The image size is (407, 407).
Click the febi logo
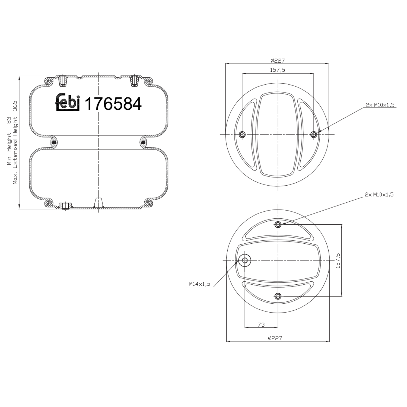pos(68,103)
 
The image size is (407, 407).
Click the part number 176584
pos(113,104)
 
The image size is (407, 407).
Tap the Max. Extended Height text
pos(15,142)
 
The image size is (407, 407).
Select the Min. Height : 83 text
pos(9,141)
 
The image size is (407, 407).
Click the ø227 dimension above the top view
pos(277,61)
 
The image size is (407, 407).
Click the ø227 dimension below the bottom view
pos(275,338)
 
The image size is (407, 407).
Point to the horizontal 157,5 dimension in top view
pos(277,70)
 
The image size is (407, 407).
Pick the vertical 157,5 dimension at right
pos(338,261)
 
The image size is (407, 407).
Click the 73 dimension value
pos(261,325)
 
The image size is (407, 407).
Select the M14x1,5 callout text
pos(200,284)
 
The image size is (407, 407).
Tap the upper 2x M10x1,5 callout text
pos(380,105)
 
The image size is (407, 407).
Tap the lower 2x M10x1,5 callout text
pos(379,195)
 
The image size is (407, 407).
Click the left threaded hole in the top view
pos(242,134)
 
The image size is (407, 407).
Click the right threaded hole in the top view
pos(314,134)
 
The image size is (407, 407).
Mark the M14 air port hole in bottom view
pos(245,260)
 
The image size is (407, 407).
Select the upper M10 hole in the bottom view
pos(278,224)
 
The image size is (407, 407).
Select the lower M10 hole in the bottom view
pos(278,296)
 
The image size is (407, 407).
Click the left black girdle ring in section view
pos(54,142)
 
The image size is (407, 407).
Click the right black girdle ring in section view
pos(143,142)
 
